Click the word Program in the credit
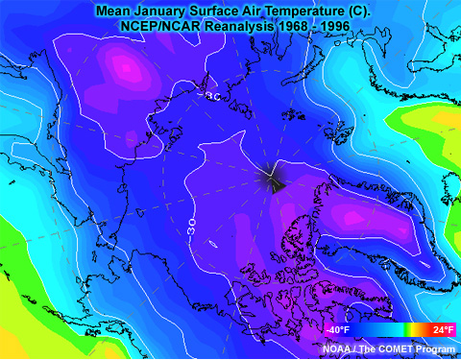tap(433, 349)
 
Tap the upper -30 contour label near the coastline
tap(209, 98)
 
